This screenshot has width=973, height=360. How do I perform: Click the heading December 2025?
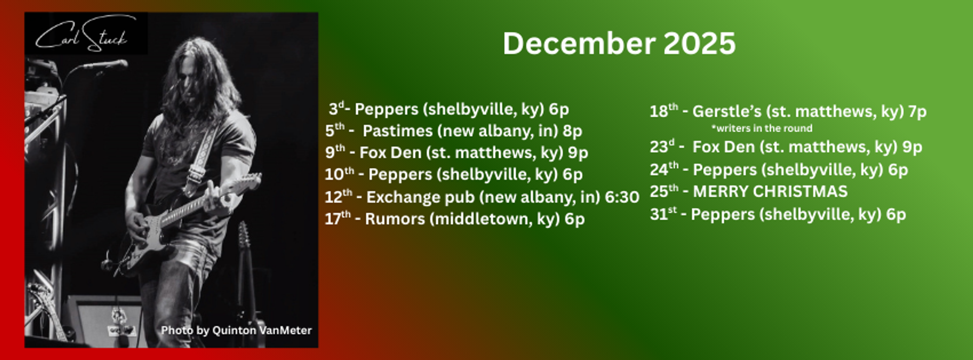(x=619, y=43)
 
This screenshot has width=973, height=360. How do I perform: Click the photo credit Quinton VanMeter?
(x=236, y=330)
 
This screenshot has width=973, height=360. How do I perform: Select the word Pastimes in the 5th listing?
(x=398, y=131)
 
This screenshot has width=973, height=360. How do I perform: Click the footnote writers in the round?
(x=762, y=128)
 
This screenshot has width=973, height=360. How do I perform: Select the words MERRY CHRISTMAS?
(x=770, y=191)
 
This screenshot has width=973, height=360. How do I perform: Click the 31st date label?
(x=663, y=214)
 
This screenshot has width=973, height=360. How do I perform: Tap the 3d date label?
(x=337, y=108)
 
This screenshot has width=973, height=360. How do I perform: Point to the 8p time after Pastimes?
(x=572, y=131)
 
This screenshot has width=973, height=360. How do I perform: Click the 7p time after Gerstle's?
(x=917, y=111)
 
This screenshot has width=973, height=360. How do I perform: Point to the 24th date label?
(x=664, y=169)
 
